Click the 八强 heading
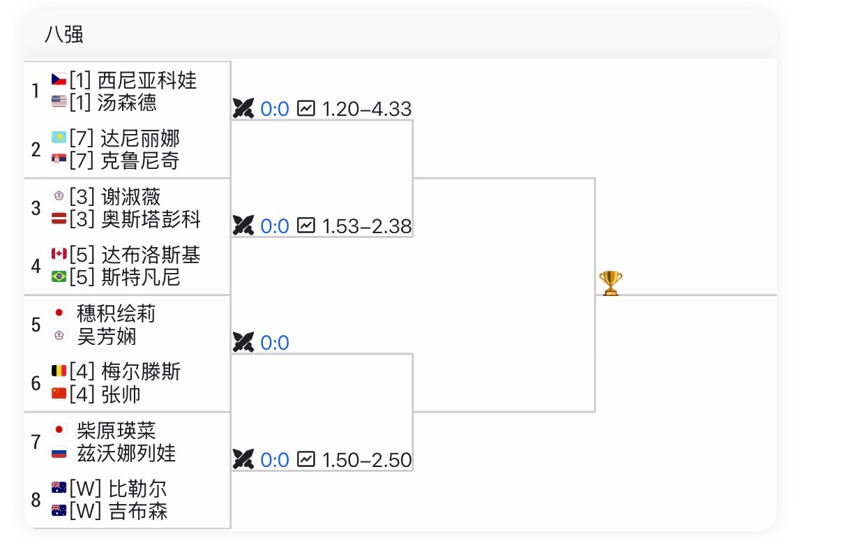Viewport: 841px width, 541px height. click(64, 34)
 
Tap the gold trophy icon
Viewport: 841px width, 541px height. click(610, 283)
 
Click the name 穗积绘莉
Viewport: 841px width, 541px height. click(116, 313)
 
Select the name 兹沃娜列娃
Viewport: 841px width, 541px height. click(126, 453)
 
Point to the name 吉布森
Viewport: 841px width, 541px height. click(138, 511)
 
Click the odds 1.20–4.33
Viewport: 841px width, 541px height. click(367, 110)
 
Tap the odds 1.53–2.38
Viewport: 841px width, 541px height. click(367, 226)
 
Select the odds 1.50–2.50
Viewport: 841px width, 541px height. click(367, 460)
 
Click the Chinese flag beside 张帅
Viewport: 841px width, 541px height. click(59, 394)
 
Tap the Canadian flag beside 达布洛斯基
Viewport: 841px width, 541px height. click(59, 254)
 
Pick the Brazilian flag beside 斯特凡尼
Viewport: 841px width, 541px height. click(59, 277)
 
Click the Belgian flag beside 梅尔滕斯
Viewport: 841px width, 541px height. click(59, 371)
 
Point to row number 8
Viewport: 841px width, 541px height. click(36, 500)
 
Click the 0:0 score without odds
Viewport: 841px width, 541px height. click(275, 343)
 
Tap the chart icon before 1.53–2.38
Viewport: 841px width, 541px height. click(305, 225)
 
